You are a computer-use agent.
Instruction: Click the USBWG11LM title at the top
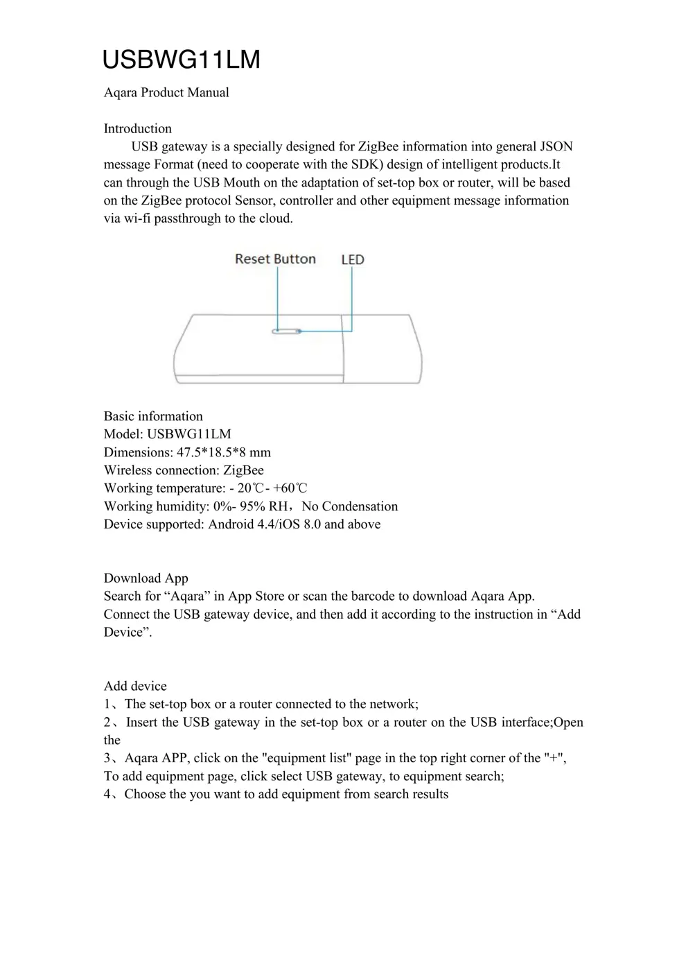pyautogui.click(x=181, y=60)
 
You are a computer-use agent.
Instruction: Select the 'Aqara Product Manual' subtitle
pyautogui.click(x=166, y=92)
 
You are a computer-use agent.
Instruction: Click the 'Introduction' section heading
pyautogui.click(x=137, y=128)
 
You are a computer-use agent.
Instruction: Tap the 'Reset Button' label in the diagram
pyautogui.click(x=275, y=259)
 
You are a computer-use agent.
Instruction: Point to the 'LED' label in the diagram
pyautogui.click(x=352, y=259)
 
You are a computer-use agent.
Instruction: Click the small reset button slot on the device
pyautogui.click(x=286, y=332)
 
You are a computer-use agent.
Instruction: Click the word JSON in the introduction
pyautogui.click(x=556, y=146)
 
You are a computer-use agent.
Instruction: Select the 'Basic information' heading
pyautogui.click(x=153, y=416)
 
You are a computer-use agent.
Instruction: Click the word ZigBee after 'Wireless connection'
pyautogui.click(x=243, y=470)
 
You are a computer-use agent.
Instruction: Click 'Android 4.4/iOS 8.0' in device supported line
pyautogui.click(x=264, y=524)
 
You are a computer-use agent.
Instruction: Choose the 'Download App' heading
pyautogui.click(x=146, y=578)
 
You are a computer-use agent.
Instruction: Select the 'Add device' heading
pyautogui.click(x=135, y=686)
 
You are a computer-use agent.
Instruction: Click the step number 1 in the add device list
pyautogui.click(x=107, y=704)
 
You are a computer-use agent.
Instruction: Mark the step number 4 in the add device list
pyautogui.click(x=107, y=794)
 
